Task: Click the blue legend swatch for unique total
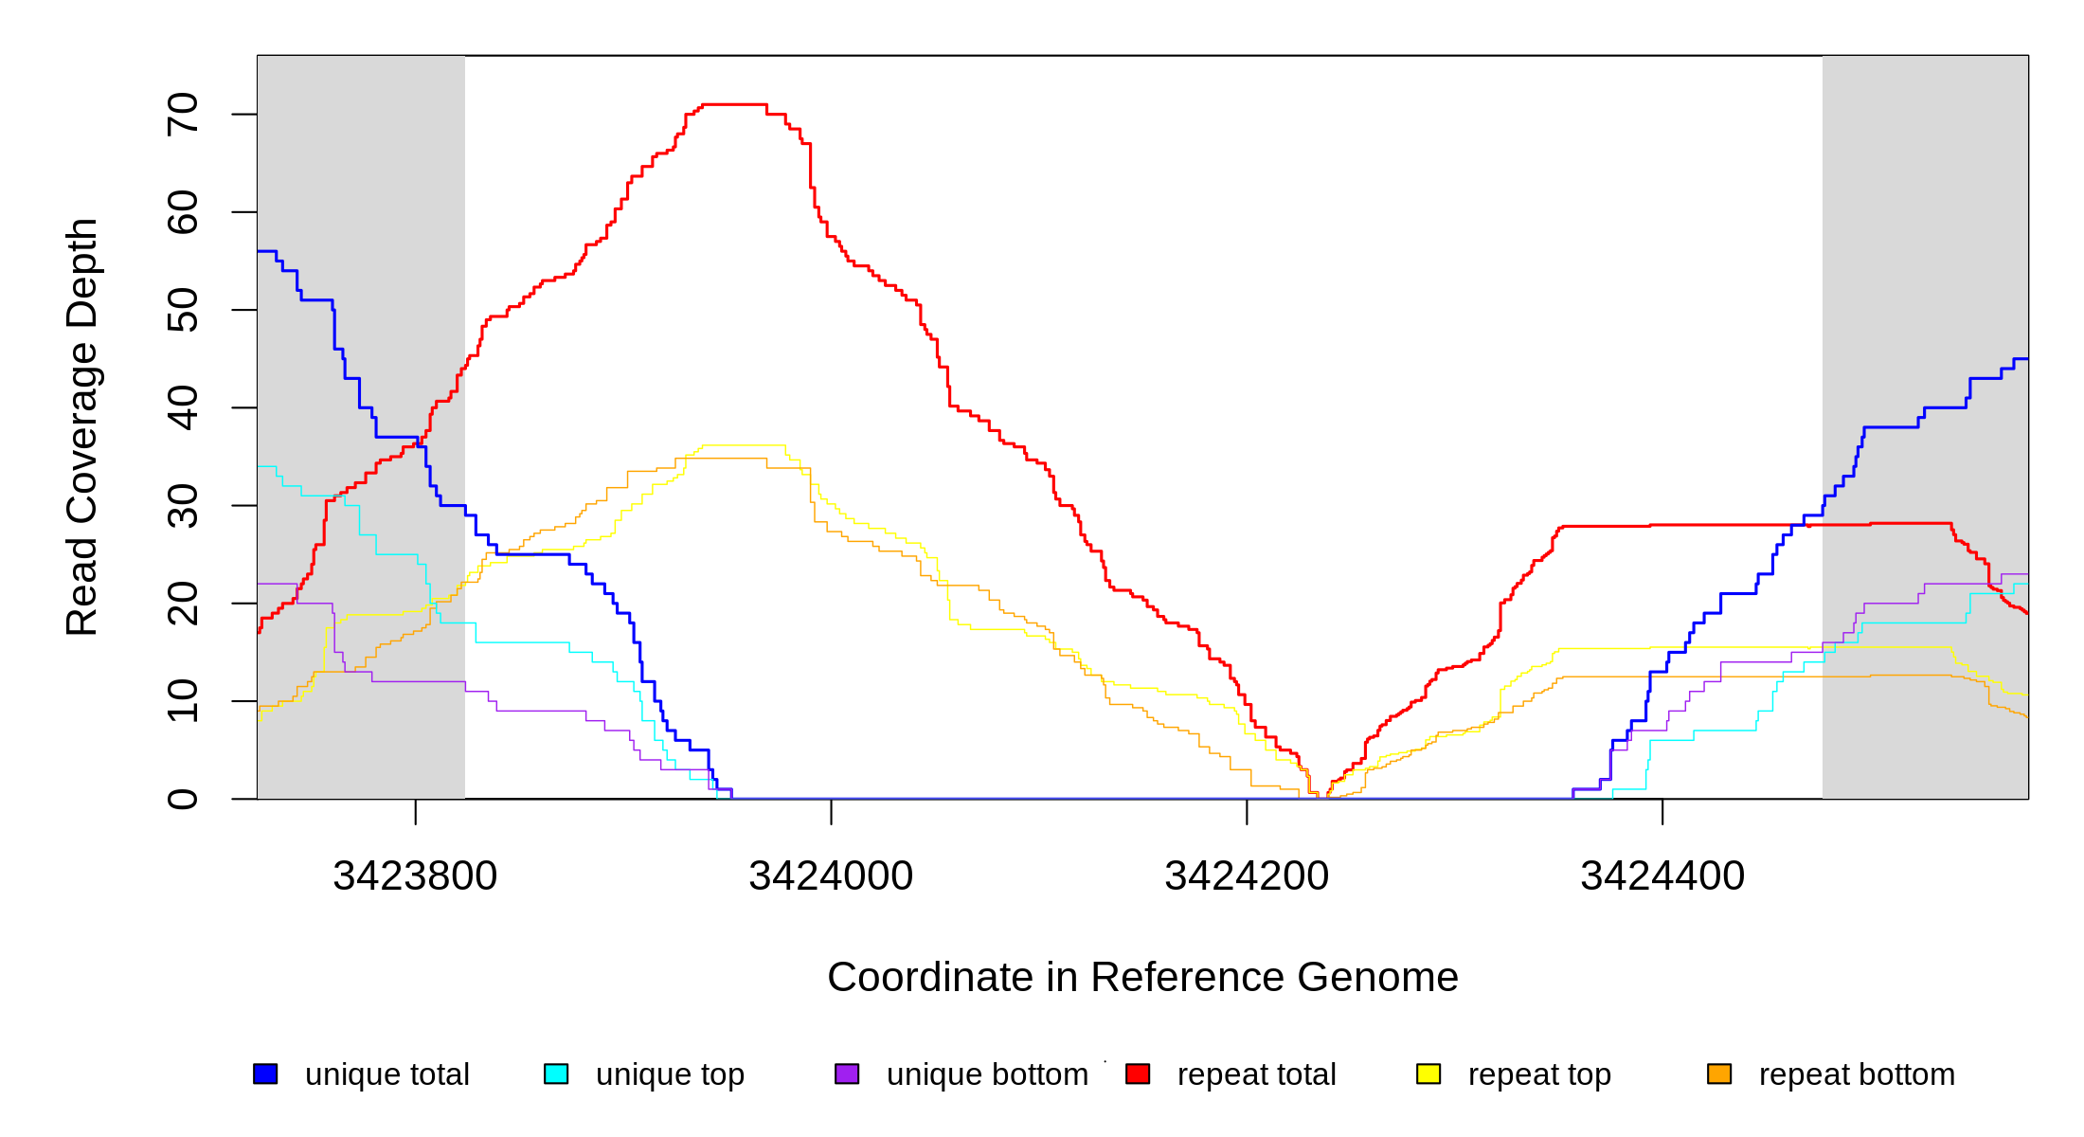(x=265, y=1074)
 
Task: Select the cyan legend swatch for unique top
(x=556, y=1074)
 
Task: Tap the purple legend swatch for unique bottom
(x=847, y=1074)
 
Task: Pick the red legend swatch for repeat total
(x=1138, y=1074)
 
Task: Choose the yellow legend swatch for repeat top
(x=1428, y=1074)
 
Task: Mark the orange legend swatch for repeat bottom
(x=1719, y=1074)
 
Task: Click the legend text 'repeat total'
(x=1256, y=1074)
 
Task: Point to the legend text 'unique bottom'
(x=987, y=1074)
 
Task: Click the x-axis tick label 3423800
(x=415, y=875)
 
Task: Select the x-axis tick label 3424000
(x=831, y=875)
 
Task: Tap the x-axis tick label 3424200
(x=1247, y=875)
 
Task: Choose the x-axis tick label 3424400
(x=1662, y=875)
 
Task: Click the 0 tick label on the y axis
(x=183, y=799)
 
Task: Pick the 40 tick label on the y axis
(x=183, y=407)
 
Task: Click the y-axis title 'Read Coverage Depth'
(x=82, y=426)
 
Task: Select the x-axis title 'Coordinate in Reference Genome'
(x=1142, y=977)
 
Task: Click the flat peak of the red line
(x=734, y=104)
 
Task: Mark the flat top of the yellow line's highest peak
(x=744, y=445)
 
